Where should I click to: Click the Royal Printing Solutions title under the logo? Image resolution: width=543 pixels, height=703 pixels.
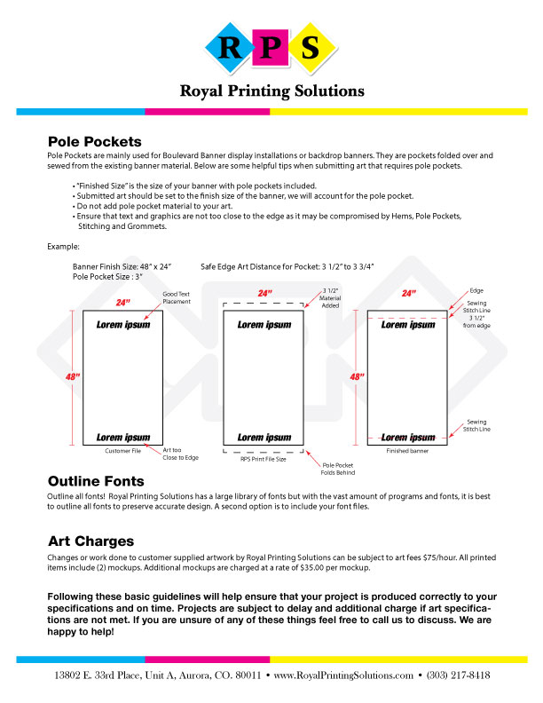(271, 91)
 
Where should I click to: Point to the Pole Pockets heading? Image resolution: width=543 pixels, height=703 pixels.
(94, 141)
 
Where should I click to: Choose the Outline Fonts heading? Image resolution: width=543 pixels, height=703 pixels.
(101, 481)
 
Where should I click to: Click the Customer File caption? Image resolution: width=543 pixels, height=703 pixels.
(123, 451)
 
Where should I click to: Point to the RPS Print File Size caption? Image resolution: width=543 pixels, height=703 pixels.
(264, 459)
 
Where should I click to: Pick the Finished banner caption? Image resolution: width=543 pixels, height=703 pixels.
(408, 451)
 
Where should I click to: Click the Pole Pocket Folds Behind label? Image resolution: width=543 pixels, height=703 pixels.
(339, 469)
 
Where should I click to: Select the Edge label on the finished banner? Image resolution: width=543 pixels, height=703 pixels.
(476, 290)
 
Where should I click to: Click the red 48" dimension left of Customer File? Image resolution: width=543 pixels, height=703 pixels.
(73, 376)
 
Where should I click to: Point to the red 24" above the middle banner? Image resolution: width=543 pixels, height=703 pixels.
(264, 293)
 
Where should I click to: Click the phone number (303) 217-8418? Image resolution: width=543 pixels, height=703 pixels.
(459, 675)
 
